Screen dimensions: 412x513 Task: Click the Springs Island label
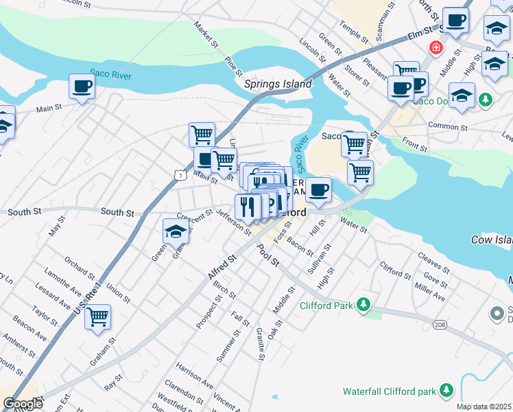278,84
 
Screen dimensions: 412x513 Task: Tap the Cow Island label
491,240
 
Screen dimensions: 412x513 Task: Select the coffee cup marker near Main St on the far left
82,88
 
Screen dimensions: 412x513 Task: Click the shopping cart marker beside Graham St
98,318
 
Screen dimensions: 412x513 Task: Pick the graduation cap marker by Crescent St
176,232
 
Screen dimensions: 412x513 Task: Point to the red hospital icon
434,48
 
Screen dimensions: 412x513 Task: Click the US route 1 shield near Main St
178,176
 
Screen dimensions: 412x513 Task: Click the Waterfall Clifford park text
390,391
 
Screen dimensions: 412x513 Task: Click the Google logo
23,403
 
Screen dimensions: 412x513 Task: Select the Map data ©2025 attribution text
484,407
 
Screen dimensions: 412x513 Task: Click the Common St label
447,126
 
